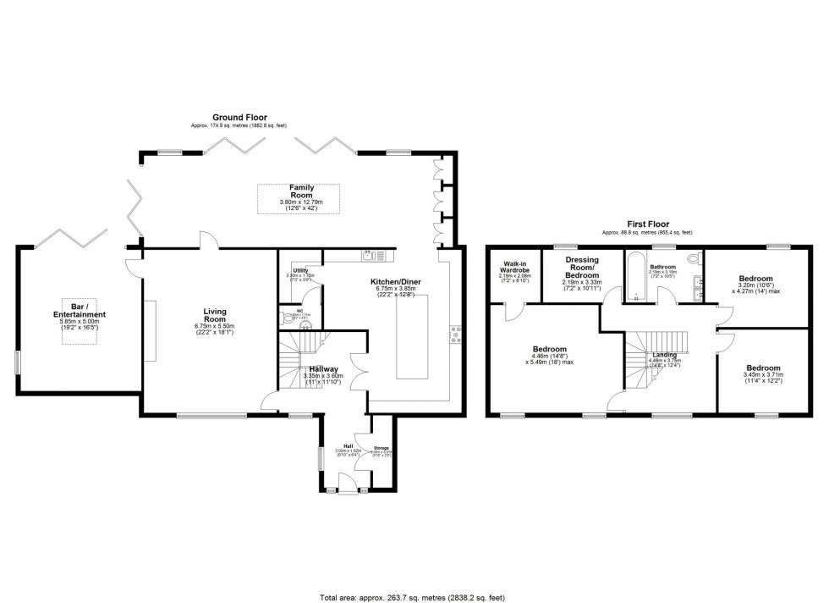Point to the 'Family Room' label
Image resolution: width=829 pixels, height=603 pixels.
click(302, 190)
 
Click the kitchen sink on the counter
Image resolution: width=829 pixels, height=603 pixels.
click(371, 253)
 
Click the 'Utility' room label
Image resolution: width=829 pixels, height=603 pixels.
click(299, 269)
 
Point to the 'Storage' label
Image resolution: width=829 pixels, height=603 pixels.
click(382, 446)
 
